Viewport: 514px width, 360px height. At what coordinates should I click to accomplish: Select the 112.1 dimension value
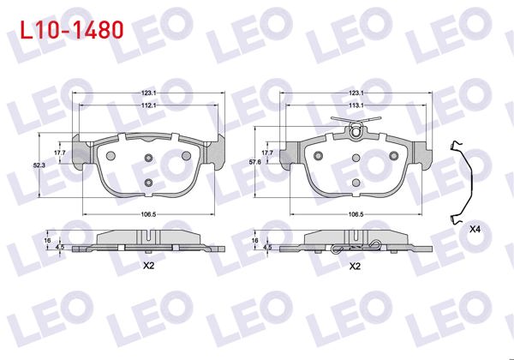coord(147,105)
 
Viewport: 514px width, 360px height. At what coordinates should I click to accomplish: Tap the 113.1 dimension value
coord(357,105)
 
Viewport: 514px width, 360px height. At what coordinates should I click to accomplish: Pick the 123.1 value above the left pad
coord(147,92)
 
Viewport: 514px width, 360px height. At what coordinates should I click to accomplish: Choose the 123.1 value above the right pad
coord(357,92)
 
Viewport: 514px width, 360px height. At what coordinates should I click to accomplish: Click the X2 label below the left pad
coord(147,265)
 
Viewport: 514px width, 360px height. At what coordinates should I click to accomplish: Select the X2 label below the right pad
coord(354,265)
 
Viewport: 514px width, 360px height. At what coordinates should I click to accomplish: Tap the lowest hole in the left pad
coord(148,183)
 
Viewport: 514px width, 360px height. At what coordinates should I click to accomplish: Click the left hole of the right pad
coord(319,156)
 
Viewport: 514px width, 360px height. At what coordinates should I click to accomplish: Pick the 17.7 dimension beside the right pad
coord(266,152)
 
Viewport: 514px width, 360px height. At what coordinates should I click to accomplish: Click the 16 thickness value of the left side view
coord(49,241)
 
